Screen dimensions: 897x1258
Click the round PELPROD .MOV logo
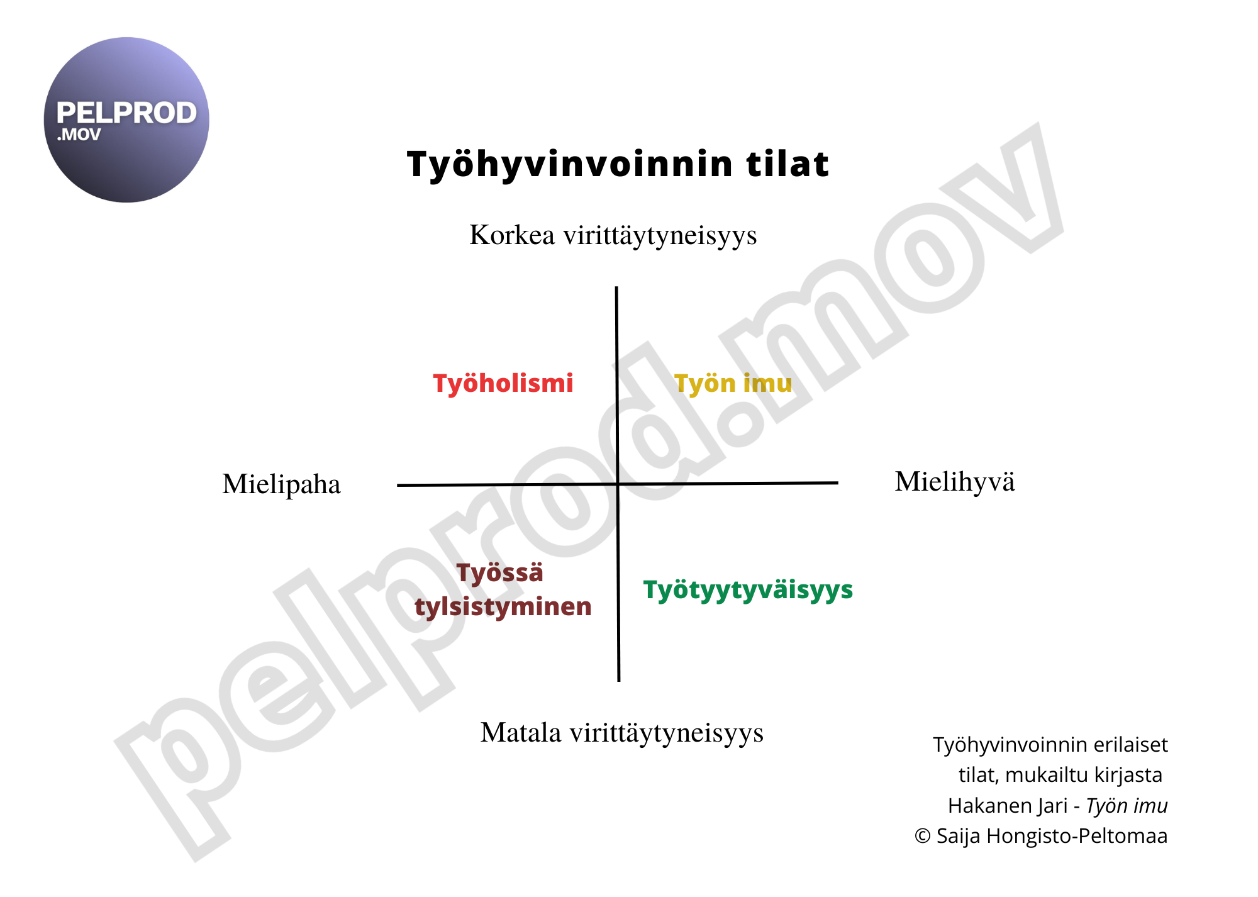tap(126, 120)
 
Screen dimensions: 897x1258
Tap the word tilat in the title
tap(788, 164)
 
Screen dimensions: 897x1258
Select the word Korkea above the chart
tap(512, 235)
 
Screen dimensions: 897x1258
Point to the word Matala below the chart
tap(521, 733)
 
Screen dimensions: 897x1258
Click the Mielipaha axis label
tap(281, 484)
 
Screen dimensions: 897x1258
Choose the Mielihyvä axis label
tap(955, 482)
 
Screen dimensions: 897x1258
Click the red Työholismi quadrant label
tap(503, 384)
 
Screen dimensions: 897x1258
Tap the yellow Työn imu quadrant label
tap(733, 384)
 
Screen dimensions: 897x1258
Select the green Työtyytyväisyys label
tap(748, 590)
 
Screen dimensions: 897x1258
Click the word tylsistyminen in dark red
tap(503, 607)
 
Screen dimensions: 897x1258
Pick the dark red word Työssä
tap(499, 573)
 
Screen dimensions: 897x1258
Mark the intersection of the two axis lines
tap(618, 484)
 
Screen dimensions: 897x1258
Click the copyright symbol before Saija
tap(922, 836)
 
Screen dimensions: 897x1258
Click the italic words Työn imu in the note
tap(1127, 806)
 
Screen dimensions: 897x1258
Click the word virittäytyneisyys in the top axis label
tap(660, 235)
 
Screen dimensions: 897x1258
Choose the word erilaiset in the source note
tap(1130, 745)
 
